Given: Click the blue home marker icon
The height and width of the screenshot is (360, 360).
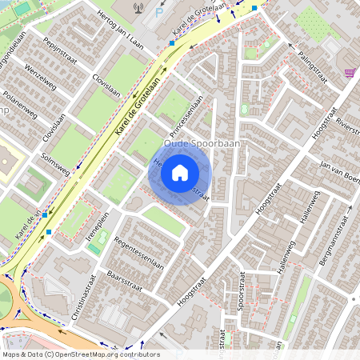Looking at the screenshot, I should point(180,172).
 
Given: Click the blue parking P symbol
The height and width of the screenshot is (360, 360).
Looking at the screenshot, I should point(157,14).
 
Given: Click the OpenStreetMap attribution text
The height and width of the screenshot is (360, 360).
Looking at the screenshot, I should point(80,354).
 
